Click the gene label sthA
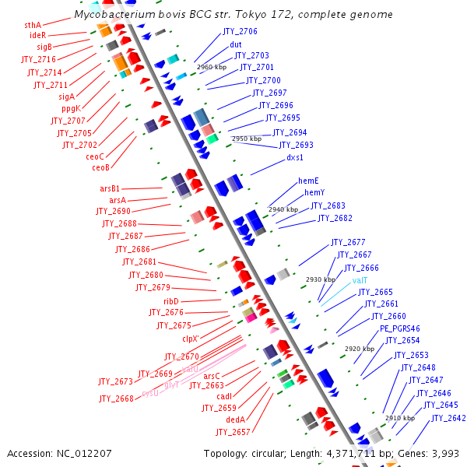pyautogui.click(x=33, y=25)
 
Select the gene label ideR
pyautogui.click(x=37, y=36)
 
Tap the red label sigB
pyautogui.click(x=44, y=47)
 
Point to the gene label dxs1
pyautogui.click(x=295, y=157)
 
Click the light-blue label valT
pyautogui.click(x=360, y=280)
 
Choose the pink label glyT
pyautogui.click(x=171, y=384)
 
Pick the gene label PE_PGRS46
pyautogui.click(x=399, y=328)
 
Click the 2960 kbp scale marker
pyautogui.click(x=212, y=68)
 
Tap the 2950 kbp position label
pyautogui.click(x=247, y=139)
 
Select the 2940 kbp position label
pyautogui.click(x=283, y=209)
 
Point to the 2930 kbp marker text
pyautogui.click(x=320, y=279)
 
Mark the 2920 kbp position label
pyautogui.click(x=359, y=349)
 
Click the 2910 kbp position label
pyautogui.click(x=399, y=418)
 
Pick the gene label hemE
pyautogui.click(x=308, y=181)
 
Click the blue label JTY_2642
pyautogui.click(x=448, y=418)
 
